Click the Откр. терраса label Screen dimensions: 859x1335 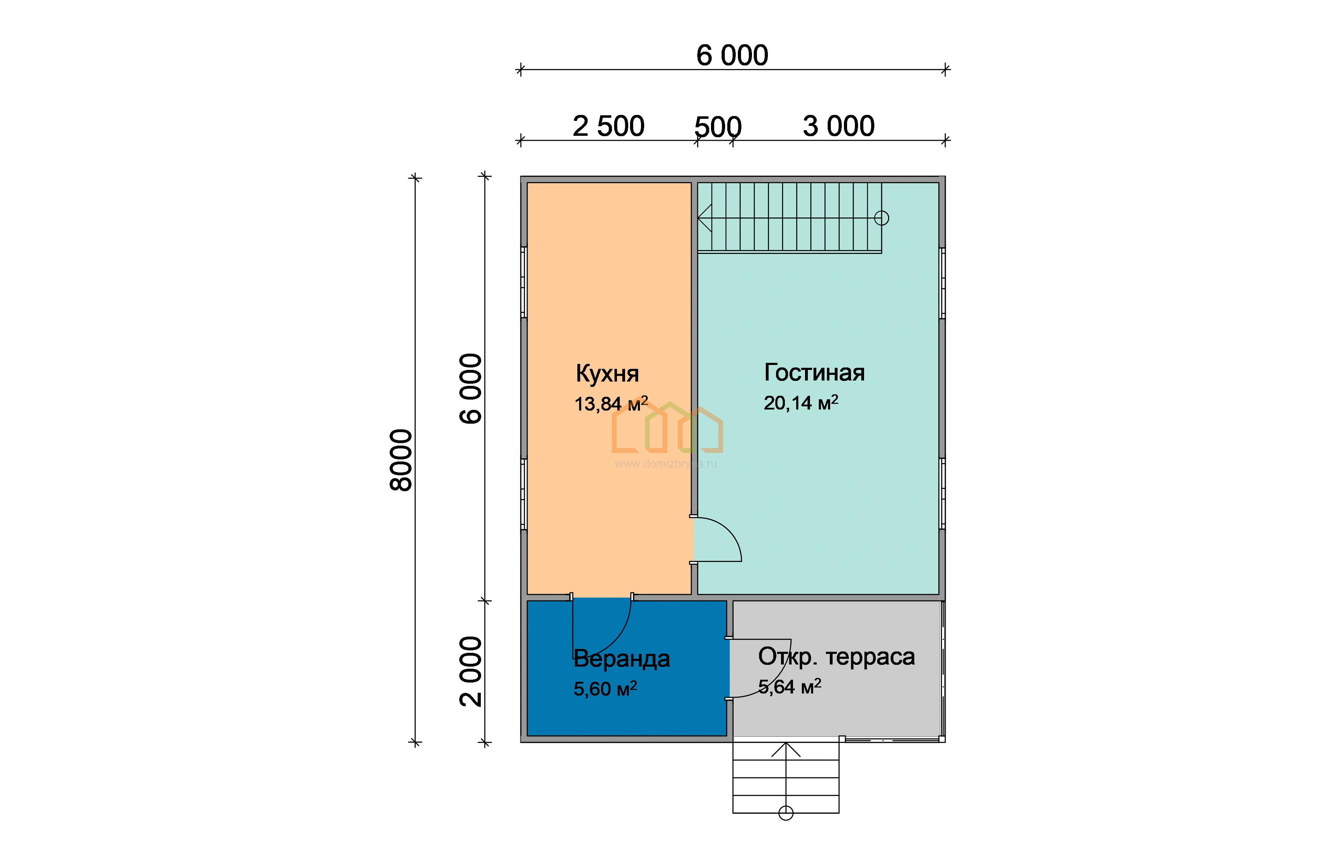836,656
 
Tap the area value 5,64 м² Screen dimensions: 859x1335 789,687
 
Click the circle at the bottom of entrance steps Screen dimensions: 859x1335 785,813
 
